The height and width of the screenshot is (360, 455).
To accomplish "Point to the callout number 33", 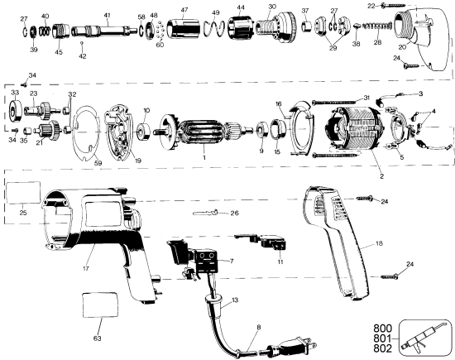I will [x=13, y=94].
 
